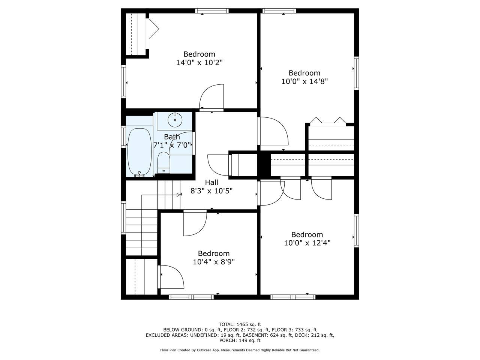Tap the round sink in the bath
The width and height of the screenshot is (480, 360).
175,120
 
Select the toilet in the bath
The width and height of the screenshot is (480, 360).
164,163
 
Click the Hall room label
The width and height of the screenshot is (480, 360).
211,182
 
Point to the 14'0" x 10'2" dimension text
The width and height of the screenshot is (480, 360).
199,63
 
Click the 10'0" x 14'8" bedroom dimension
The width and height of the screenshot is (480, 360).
304,81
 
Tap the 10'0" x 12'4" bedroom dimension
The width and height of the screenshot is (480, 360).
307,243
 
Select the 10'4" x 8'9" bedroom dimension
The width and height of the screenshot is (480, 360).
214,262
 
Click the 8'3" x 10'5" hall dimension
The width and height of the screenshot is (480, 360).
211,191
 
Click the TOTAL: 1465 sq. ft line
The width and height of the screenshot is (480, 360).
240,324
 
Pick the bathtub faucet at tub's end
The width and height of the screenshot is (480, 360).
139,174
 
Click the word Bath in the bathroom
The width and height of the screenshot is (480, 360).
172,137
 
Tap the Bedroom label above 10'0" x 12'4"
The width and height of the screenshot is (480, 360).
307,234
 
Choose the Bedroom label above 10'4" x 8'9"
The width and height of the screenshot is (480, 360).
214,253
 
